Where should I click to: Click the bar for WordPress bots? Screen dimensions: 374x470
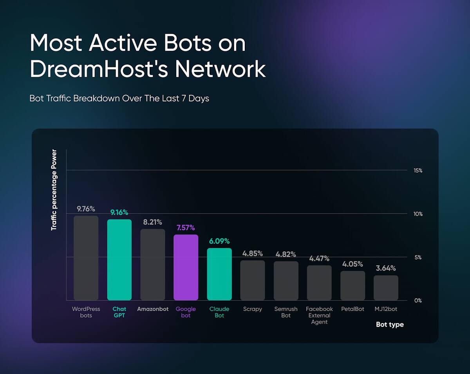coord(86,258)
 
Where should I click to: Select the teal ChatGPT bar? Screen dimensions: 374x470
coord(119,260)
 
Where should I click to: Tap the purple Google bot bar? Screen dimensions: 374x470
coord(186,268)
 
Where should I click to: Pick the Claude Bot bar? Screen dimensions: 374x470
coord(219,274)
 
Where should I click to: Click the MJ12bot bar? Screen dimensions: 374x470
coord(386,288)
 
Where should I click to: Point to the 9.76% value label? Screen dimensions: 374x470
coord(86,209)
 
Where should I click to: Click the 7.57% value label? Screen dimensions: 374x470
coord(186,228)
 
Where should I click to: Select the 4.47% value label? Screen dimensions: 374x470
coord(319,259)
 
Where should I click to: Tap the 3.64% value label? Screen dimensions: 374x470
coord(386,268)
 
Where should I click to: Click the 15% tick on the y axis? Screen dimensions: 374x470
coord(418,171)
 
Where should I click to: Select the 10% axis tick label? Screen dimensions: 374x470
coord(418,214)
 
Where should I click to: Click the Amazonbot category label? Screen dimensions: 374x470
coord(153,309)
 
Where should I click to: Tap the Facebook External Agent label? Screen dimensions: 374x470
coord(319,315)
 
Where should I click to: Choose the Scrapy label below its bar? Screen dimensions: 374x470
coord(253,309)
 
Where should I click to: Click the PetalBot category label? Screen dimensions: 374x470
coord(352,309)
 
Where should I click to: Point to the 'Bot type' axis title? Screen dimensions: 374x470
coord(390,325)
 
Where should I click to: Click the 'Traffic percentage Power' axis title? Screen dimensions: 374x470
coord(54,190)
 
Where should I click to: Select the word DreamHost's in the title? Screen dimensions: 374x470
coord(98,69)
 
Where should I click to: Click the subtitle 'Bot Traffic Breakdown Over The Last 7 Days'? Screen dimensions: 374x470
coord(119,98)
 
